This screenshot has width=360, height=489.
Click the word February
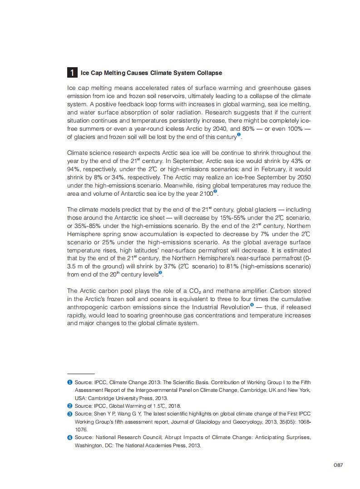click(271, 169)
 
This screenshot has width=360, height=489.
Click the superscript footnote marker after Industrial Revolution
click(252, 306)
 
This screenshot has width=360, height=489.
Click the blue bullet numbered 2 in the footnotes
click(70, 405)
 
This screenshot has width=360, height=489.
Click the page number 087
click(338, 465)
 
